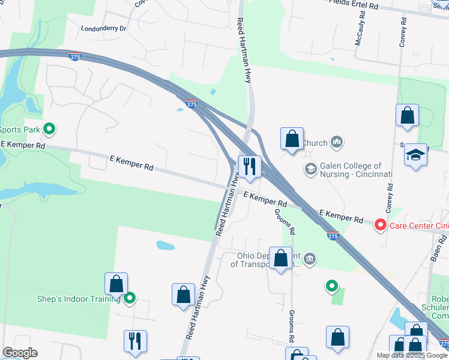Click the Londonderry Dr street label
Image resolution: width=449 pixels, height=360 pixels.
[104, 28]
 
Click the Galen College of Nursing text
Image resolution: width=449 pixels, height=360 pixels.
[351, 170]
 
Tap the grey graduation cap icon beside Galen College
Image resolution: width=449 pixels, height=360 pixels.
[310, 169]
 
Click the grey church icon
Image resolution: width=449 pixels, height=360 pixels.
[337, 142]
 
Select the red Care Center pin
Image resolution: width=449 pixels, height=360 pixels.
[380, 226]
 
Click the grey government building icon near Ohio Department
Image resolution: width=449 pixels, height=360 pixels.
[309, 259]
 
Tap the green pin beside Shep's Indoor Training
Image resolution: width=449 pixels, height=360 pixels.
[129, 298]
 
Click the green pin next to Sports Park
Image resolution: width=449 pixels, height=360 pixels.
[50, 128]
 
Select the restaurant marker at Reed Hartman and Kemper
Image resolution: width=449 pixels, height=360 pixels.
[249, 166]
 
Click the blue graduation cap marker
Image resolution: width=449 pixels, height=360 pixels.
[416, 155]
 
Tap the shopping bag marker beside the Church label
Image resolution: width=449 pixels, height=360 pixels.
[292, 139]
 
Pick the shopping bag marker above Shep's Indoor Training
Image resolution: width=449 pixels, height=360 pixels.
[116, 284]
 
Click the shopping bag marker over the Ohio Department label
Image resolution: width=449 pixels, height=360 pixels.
[280, 259]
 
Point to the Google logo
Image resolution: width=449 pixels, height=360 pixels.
[20, 353]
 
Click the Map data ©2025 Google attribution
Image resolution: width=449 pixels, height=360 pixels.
[412, 355]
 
